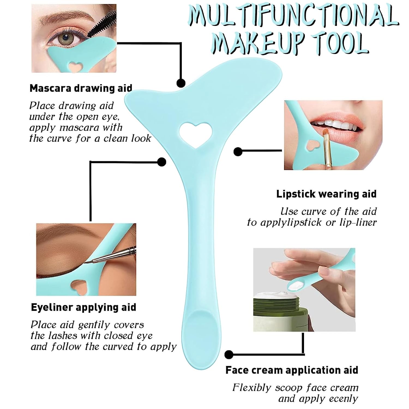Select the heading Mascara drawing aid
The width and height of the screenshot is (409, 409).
coord(81,88)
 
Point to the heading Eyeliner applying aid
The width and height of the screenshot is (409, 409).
coord(83,307)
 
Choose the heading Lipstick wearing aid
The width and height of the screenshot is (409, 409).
coord(326,194)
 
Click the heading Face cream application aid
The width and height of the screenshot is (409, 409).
coord(292,370)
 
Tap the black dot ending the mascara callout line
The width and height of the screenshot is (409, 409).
coord(181,83)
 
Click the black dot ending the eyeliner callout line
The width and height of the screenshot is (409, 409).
coord(162,162)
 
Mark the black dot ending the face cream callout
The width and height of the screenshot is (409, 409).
coord(229,354)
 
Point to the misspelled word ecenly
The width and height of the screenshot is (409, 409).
coord(343,399)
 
